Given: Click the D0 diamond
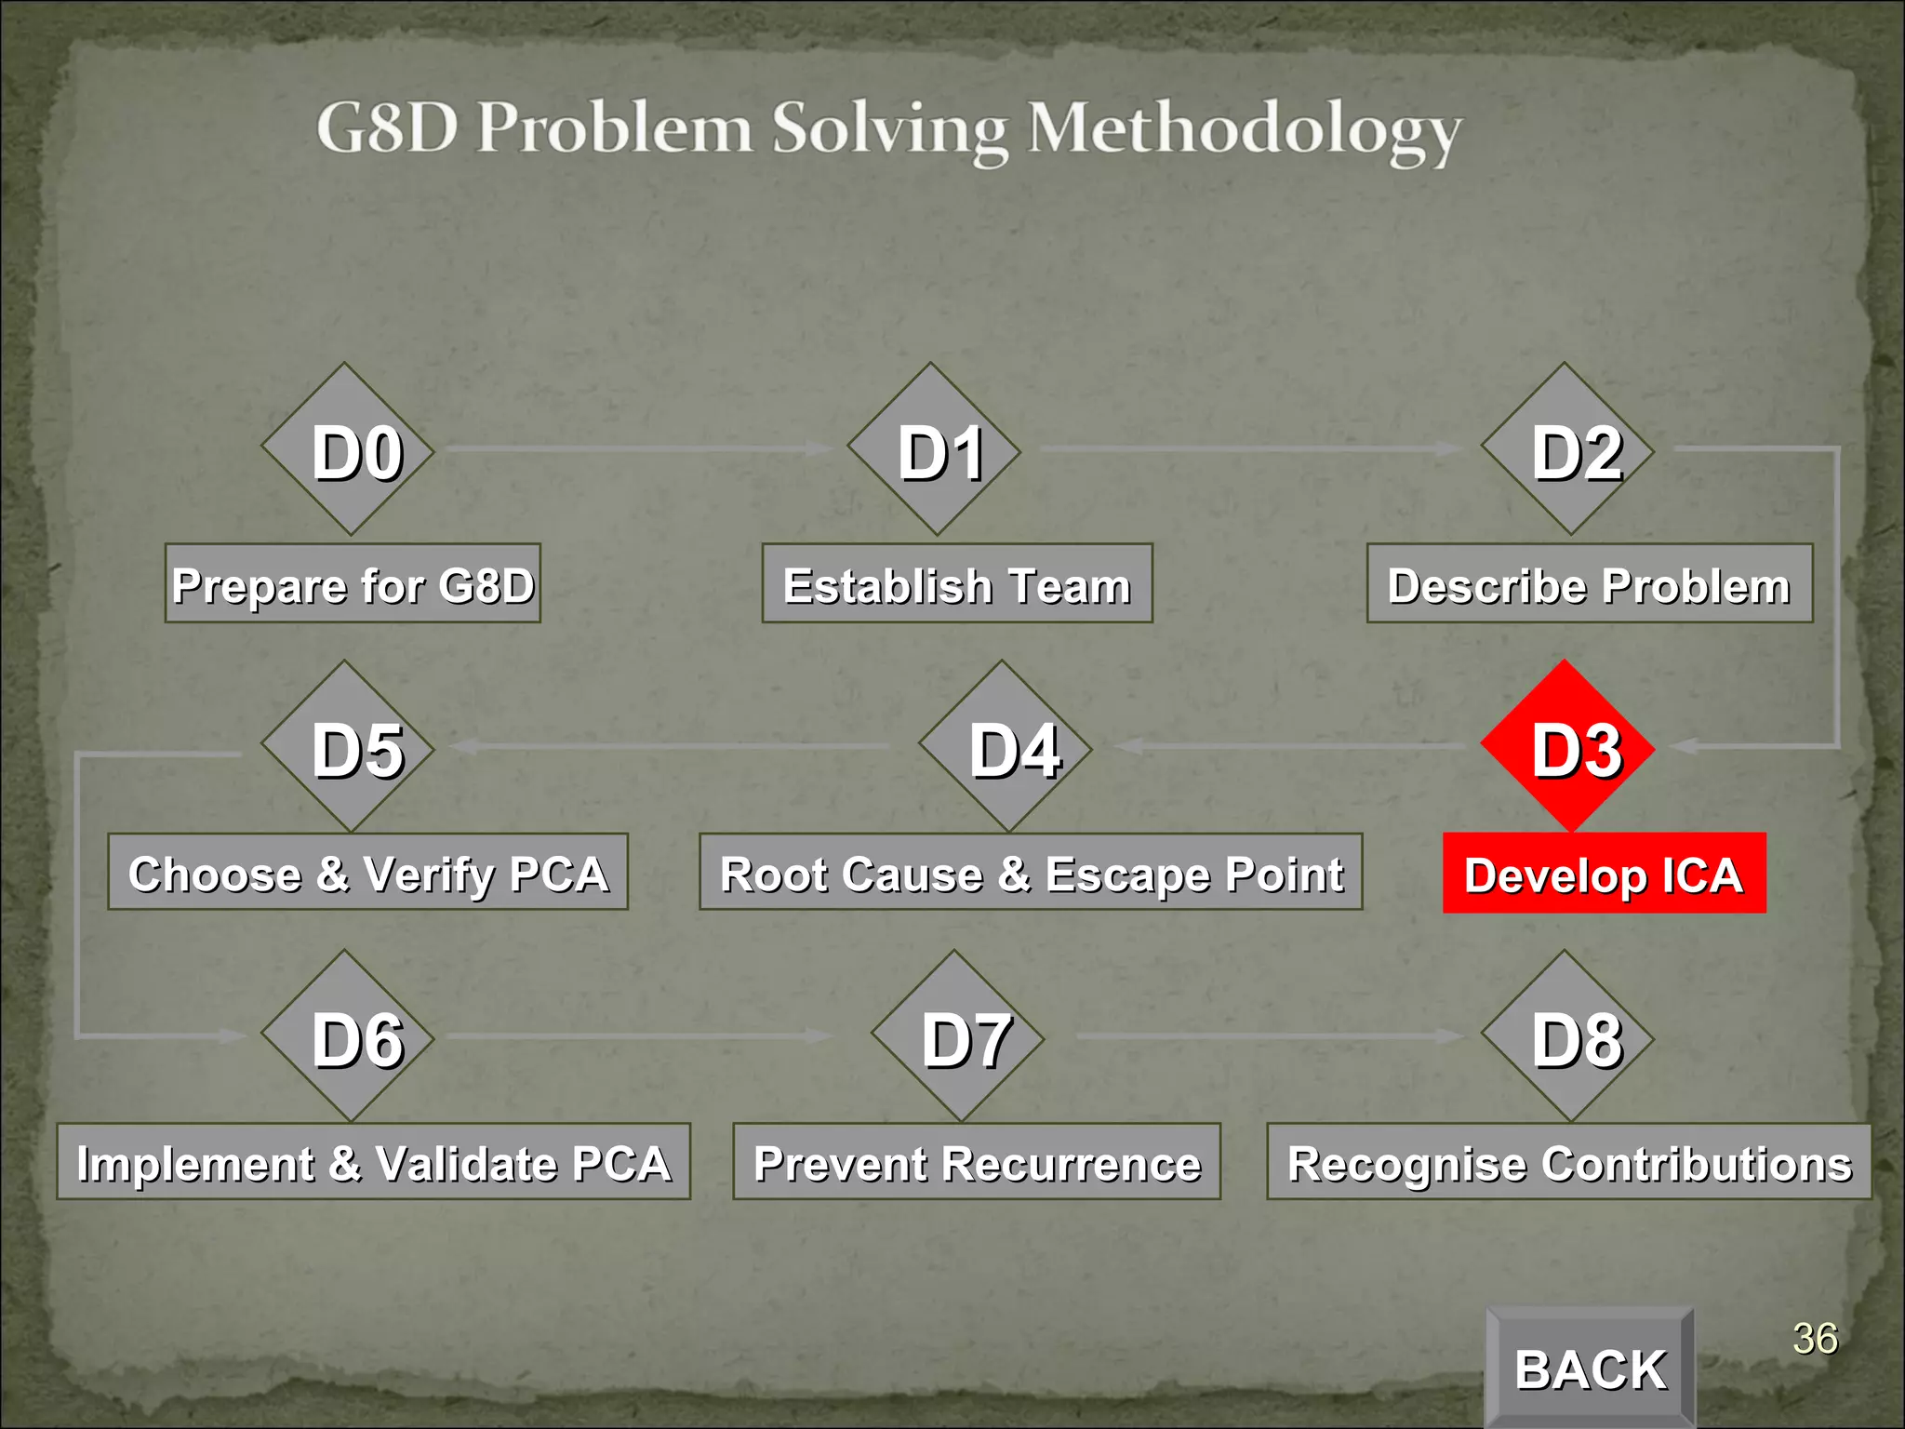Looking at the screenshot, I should point(348,449).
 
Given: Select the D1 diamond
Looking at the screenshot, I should point(934,449).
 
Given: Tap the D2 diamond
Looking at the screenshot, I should point(1567,449).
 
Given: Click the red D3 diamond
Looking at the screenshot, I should point(1567,746).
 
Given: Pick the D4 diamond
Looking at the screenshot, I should point(1005,746).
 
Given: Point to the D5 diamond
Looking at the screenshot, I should point(348,746).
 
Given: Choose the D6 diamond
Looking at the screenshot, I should point(348,1035).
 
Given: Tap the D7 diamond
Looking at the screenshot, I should point(957,1035).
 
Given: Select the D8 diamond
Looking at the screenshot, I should point(1567,1035).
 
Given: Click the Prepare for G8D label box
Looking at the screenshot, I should point(353,583).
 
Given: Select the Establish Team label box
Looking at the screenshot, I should point(957,583).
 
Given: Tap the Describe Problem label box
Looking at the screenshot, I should point(1589,583).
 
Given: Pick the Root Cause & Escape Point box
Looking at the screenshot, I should point(1031,872).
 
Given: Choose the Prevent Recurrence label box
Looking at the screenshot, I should point(977,1161).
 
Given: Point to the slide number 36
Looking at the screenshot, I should point(1815,1339).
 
